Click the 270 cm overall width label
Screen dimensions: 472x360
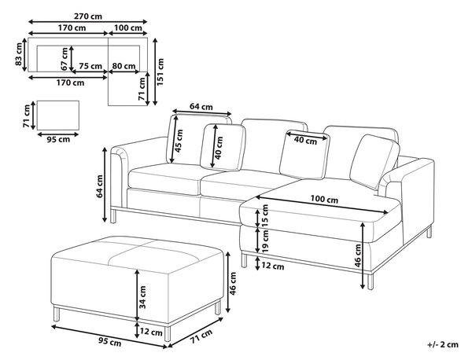coord(88,16)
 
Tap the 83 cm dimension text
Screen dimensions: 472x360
coord(19,54)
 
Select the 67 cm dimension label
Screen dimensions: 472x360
coord(65,59)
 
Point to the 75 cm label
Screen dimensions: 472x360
coord(90,66)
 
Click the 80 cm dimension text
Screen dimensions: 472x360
coord(124,66)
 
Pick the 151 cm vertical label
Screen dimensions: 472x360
coord(160,72)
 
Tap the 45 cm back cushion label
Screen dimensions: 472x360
coord(179,141)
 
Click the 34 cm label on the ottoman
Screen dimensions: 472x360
coord(142,297)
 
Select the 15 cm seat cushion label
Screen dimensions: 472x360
coord(264,215)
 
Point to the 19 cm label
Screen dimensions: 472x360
coord(264,241)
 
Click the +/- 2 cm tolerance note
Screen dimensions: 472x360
coord(443,344)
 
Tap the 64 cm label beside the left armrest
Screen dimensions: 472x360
coord(99,186)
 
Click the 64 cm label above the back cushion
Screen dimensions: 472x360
coord(201,106)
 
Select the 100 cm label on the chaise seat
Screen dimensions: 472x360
coord(324,199)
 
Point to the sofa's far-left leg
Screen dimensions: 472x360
coord(113,216)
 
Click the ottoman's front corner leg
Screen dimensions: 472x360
coord(168,333)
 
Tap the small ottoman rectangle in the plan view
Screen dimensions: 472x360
coord(58,116)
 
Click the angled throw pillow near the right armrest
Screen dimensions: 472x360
coord(374,161)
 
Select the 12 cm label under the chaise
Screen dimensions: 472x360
coord(273,266)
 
